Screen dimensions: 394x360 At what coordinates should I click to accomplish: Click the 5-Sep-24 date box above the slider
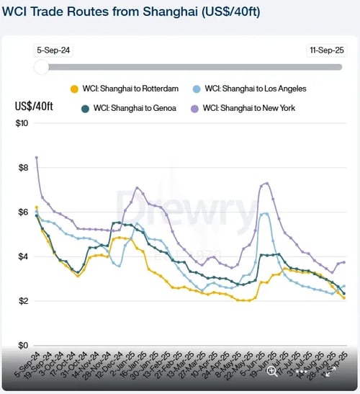coord(55,51)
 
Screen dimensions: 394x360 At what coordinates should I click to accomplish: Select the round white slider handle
coord(42,67)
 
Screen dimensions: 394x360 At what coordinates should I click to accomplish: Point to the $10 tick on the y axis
coord(22,123)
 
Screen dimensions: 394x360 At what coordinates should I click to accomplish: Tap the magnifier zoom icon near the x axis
coord(272,372)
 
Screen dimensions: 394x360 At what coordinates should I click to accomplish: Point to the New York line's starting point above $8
coord(36,157)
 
